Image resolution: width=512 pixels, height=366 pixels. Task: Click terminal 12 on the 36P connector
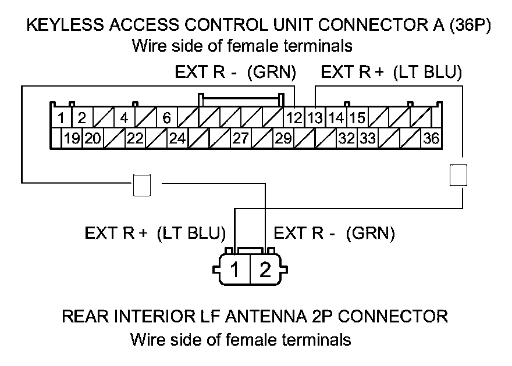pyautogui.click(x=294, y=119)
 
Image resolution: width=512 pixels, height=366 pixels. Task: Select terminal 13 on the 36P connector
pyautogui.click(x=315, y=119)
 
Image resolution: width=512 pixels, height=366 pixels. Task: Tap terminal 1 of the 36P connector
pyautogui.click(x=61, y=119)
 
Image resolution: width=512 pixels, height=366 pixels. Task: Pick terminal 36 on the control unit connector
pyautogui.click(x=431, y=139)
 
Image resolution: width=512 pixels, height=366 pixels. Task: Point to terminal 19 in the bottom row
pyautogui.click(x=72, y=139)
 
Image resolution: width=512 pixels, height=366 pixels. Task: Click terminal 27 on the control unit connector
pyautogui.click(x=241, y=139)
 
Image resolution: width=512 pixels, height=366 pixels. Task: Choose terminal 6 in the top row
pyautogui.click(x=166, y=119)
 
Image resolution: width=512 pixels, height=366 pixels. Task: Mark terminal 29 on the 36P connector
pyautogui.click(x=283, y=139)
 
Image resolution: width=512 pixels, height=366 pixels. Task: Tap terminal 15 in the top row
pyautogui.click(x=357, y=119)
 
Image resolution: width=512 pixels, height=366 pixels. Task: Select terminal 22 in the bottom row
pyautogui.click(x=135, y=139)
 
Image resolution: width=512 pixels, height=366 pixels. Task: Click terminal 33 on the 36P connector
pyautogui.click(x=367, y=139)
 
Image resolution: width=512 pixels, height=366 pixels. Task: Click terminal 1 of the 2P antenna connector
pyautogui.click(x=234, y=270)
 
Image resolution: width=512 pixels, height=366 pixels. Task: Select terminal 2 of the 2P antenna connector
pyautogui.click(x=265, y=270)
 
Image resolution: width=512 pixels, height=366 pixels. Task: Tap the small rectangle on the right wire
pyautogui.click(x=459, y=174)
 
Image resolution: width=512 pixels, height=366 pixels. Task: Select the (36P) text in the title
pyautogui.click(x=470, y=26)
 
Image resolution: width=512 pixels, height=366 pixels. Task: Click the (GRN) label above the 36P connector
pyautogui.click(x=272, y=73)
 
